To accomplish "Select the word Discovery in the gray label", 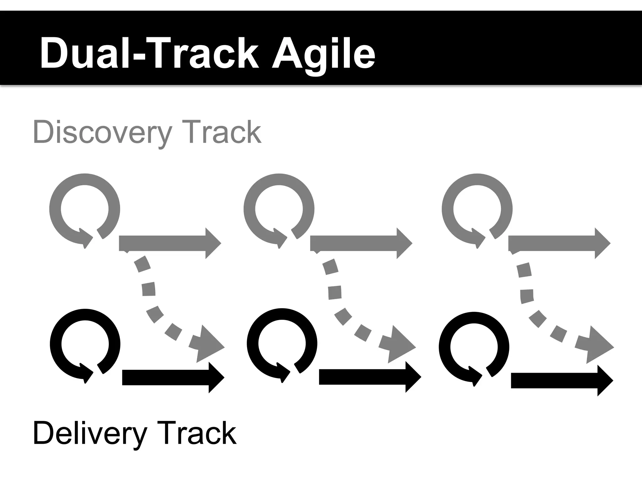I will pos(102,132).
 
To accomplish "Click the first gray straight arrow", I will pos(169,243).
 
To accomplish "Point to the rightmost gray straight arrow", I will pos(559,243).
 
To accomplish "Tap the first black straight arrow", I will pos(172,378).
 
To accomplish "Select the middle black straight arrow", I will pos(369,377).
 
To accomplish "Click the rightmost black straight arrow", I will pos(561,381).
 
